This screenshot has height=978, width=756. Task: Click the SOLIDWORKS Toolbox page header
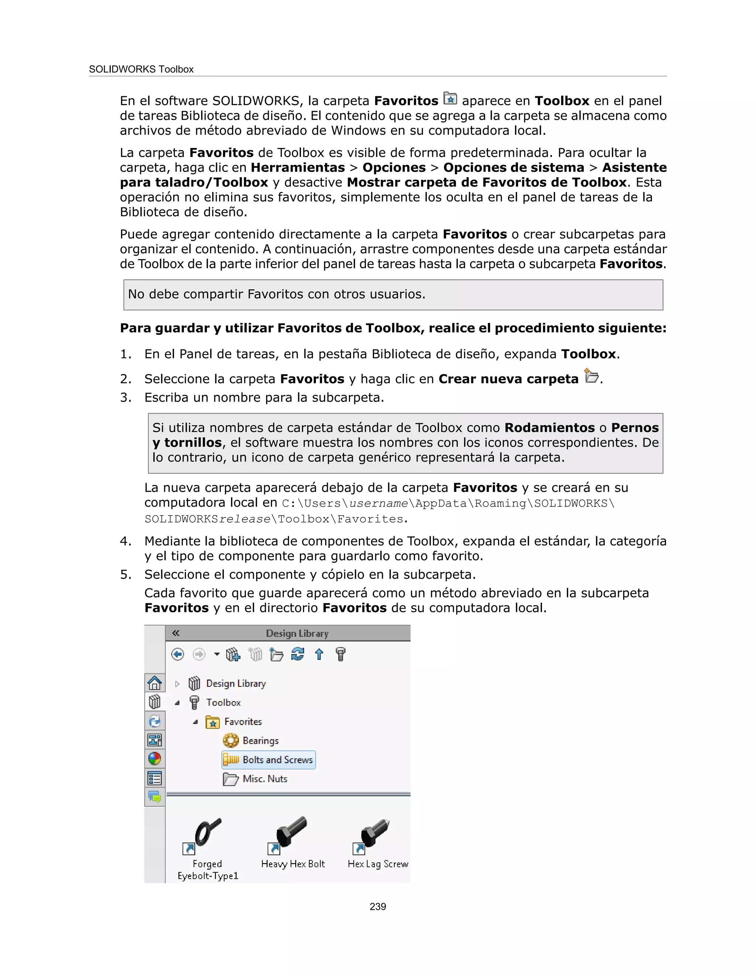pos(141,69)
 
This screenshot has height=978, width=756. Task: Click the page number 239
pos(378,906)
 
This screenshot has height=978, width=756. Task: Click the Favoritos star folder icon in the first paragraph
pos(450,98)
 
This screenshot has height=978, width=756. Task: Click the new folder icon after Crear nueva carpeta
pos(591,376)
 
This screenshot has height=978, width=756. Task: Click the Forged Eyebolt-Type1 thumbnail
pos(207,833)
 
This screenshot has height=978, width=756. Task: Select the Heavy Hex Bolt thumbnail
pos(292,833)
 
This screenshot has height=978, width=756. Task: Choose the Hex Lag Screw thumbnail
pos(376,833)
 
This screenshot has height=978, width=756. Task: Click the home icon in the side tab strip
pos(155,683)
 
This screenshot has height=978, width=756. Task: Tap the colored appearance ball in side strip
pos(155,758)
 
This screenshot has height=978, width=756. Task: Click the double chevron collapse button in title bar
pos(176,633)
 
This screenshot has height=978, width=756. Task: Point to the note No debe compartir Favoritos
pos(276,294)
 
